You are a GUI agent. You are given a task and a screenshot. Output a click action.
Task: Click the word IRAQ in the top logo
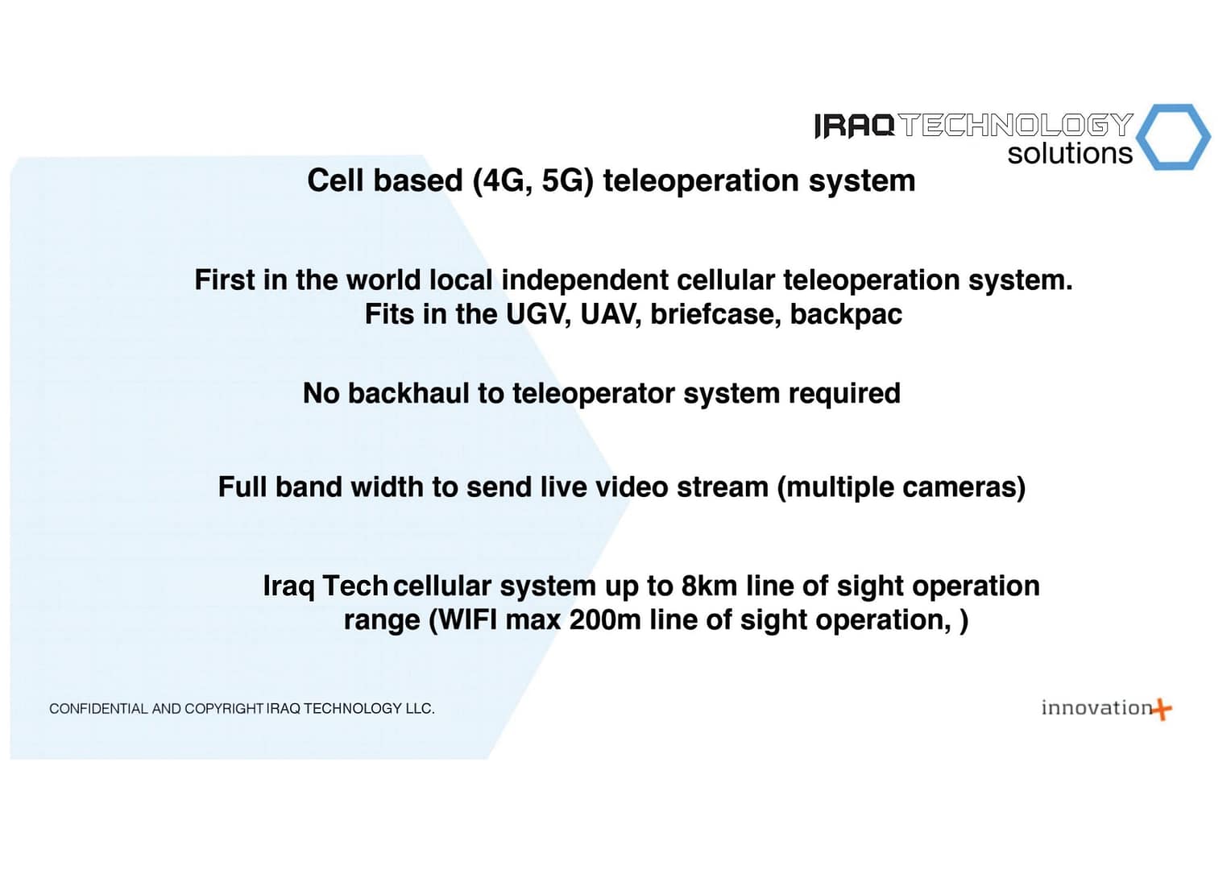click(x=855, y=126)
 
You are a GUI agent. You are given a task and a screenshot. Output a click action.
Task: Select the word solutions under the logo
click(x=1070, y=153)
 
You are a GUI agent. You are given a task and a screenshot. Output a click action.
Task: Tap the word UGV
click(x=537, y=314)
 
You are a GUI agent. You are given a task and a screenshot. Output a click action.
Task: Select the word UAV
click(x=610, y=314)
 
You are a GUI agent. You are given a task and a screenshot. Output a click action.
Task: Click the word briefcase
click(x=715, y=314)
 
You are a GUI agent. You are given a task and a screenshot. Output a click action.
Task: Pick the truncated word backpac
click(x=846, y=314)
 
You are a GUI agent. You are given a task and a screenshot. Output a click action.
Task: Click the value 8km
click(x=709, y=586)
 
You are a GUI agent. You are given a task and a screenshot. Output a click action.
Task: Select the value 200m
click(x=604, y=620)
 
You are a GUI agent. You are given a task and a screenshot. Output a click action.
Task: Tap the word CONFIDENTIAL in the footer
click(x=99, y=709)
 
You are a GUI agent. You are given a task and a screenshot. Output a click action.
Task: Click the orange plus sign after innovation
click(x=1162, y=710)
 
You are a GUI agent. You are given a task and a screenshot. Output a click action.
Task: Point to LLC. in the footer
click(x=420, y=709)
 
